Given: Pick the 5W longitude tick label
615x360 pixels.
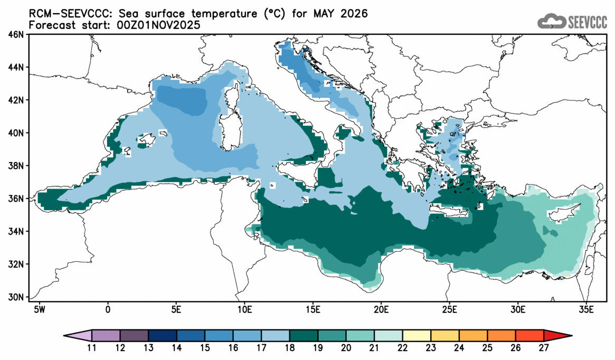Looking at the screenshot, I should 39,309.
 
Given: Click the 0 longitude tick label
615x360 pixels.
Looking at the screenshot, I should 108,309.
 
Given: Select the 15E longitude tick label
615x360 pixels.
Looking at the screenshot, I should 313,309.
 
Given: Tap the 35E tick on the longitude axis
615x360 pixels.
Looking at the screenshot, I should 585,309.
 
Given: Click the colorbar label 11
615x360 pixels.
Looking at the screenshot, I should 92,347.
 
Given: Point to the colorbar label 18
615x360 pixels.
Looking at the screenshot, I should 290,347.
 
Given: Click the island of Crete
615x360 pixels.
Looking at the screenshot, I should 449,211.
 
